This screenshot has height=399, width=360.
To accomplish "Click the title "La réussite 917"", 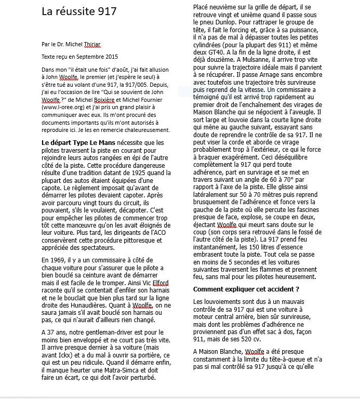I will (x=79, y=11).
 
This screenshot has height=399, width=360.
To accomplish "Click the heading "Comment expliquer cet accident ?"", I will (x=246, y=288).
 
